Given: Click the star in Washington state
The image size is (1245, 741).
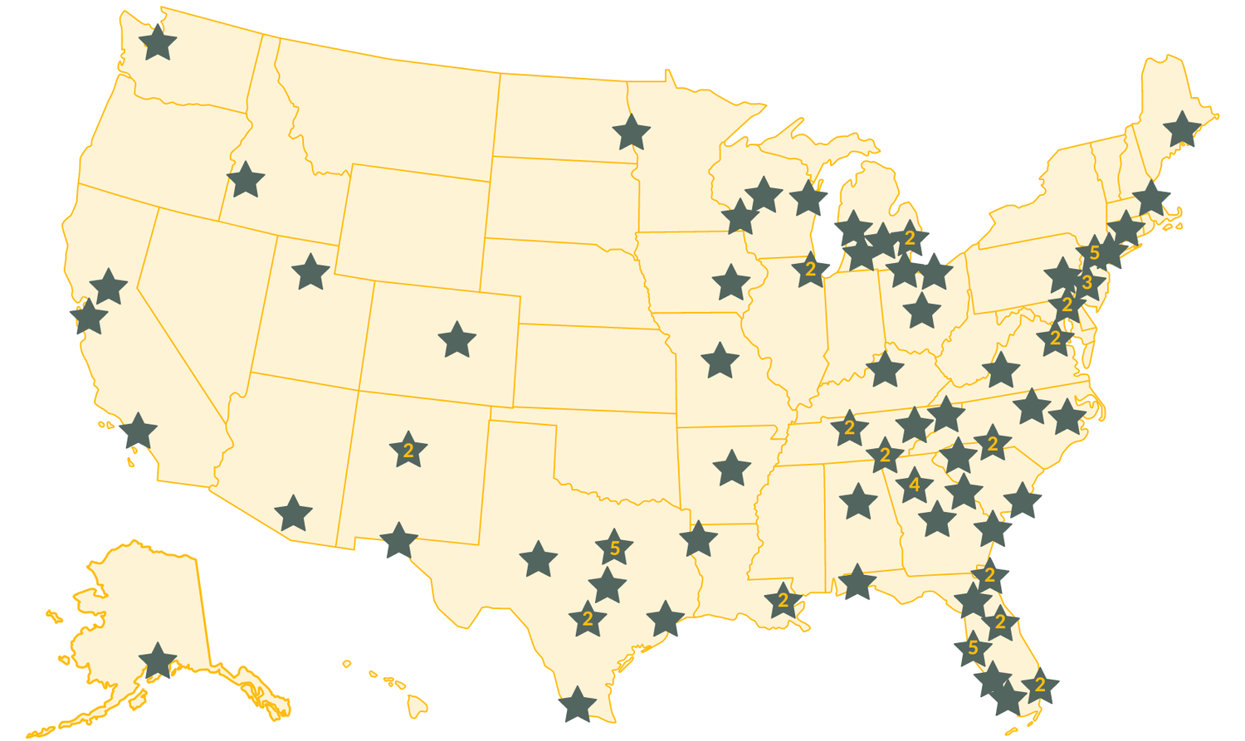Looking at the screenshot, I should (158, 42).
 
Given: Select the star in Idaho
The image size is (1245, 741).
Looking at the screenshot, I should (246, 179).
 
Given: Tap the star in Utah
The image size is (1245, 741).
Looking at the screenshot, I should (310, 271).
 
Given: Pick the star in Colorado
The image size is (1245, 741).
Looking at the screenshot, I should (456, 340).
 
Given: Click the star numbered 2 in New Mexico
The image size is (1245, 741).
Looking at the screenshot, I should (408, 451).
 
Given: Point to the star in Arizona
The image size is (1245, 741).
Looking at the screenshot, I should (293, 514).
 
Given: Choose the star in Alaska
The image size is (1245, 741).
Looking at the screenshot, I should (158, 661).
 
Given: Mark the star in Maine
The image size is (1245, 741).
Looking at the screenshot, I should (1182, 129).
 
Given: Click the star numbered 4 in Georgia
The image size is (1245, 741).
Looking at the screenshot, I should (914, 485).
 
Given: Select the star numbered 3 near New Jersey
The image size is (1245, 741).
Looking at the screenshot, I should (1087, 283).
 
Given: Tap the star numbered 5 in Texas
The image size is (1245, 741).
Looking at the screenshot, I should (614, 548).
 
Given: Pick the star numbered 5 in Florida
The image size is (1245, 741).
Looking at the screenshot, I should (973, 648).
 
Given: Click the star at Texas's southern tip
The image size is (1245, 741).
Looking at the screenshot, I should (578, 704).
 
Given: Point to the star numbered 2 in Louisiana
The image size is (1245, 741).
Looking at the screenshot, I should (783, 601).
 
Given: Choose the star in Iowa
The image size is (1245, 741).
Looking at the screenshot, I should (730, 283).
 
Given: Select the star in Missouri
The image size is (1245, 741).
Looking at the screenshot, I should (720, 361).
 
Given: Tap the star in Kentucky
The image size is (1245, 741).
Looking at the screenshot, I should (885, 370).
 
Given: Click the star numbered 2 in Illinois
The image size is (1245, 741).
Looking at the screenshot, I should (810, 271).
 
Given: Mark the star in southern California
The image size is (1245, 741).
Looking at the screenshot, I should (139, 431).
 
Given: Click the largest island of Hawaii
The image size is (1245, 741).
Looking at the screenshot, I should (417, 707).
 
